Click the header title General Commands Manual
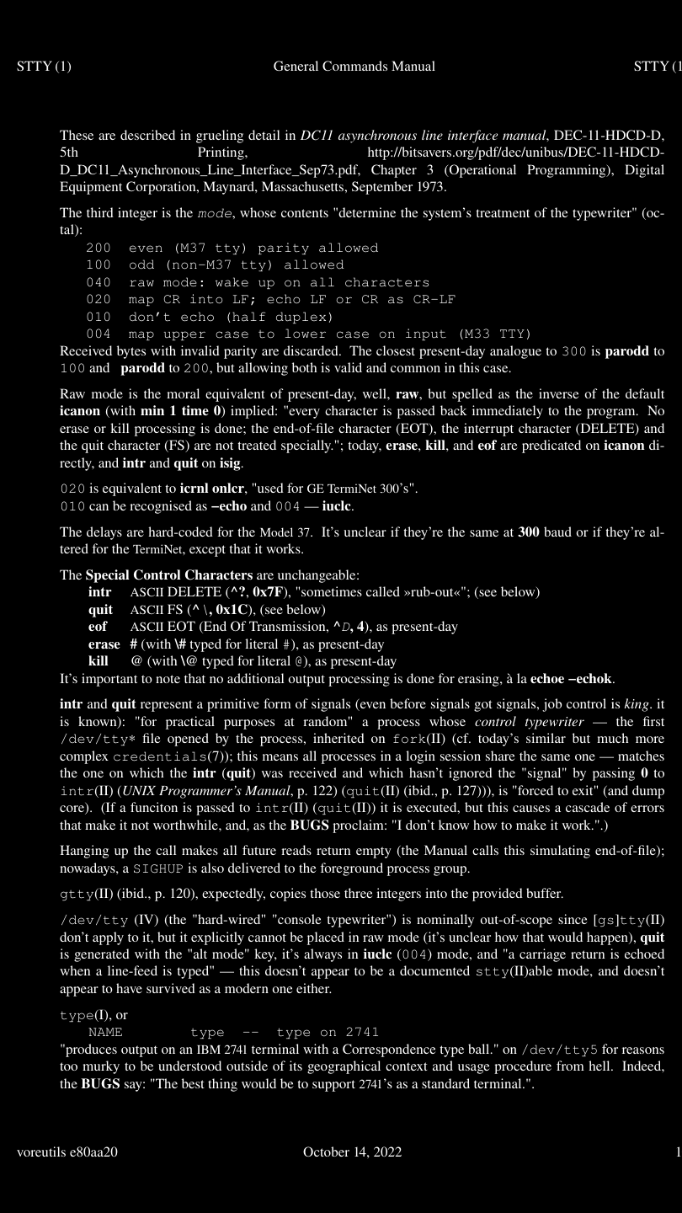coord(354,67)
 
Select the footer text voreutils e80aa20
coord(67,1152)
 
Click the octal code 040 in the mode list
coord(99,282)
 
